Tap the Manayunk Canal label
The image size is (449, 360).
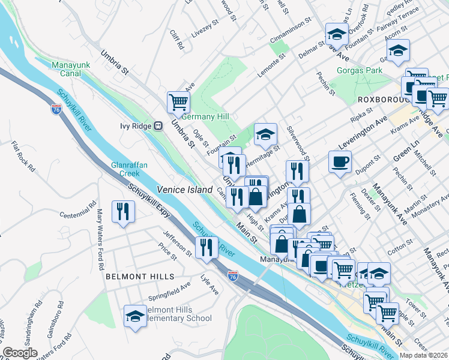tap(70, 69)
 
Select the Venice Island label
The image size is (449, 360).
tap(185, 190)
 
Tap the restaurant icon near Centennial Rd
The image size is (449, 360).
tap(124, 211)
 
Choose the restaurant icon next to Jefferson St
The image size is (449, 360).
tap(206, 247)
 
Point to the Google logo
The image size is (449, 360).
tap(20, 353)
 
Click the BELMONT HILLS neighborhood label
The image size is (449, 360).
tap(140, 277)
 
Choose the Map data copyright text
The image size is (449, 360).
tap(423, 355)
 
